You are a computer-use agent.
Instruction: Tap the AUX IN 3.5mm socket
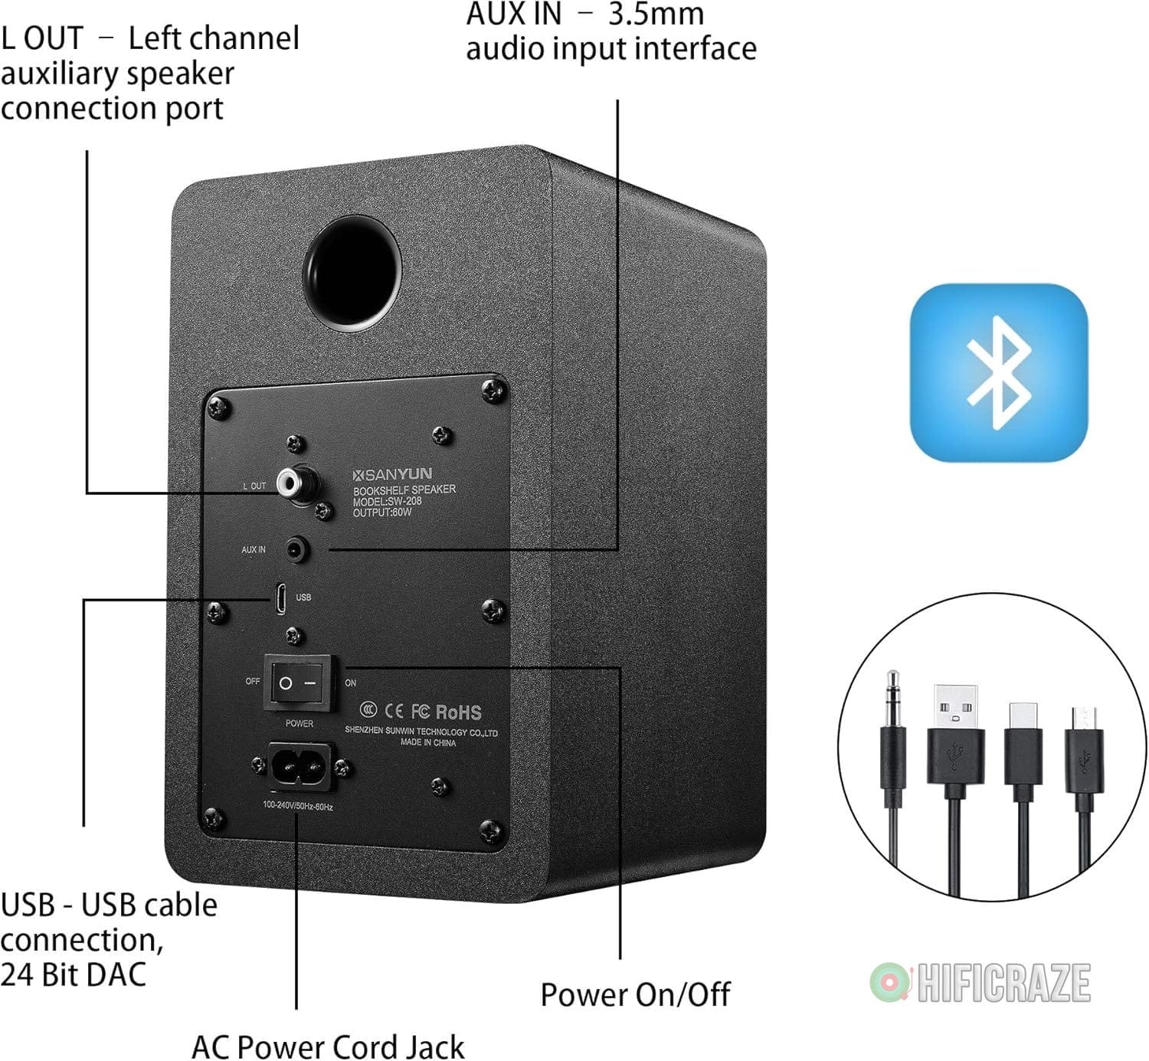pos(297,549)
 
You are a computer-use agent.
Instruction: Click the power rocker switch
pos(299,682)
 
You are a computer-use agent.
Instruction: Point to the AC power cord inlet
pos(300,765)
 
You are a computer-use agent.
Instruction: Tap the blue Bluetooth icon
pos(998,372)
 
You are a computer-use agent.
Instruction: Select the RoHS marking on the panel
pos(458,712)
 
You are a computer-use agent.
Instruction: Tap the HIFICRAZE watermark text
pos(1003,983)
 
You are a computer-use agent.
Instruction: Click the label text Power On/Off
pos(635,995)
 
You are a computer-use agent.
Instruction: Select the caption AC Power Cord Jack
pos(328,1046)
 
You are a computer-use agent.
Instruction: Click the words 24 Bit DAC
pos(74,974)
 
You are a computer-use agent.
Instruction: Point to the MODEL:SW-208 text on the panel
pos(387,501)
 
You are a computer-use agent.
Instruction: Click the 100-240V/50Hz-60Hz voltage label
pos(297,805)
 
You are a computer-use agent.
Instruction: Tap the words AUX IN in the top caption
pos(513,14)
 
